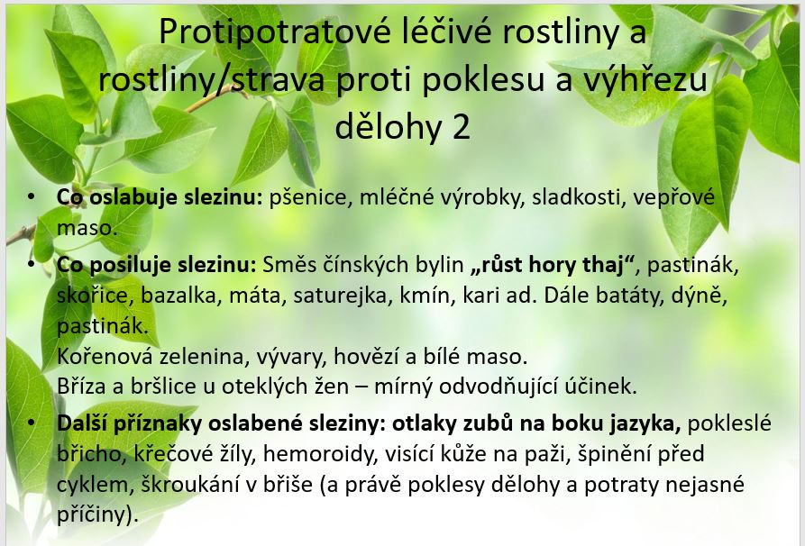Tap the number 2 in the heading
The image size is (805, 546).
461,127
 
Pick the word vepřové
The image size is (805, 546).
673,197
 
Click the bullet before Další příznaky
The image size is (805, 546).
32,423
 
